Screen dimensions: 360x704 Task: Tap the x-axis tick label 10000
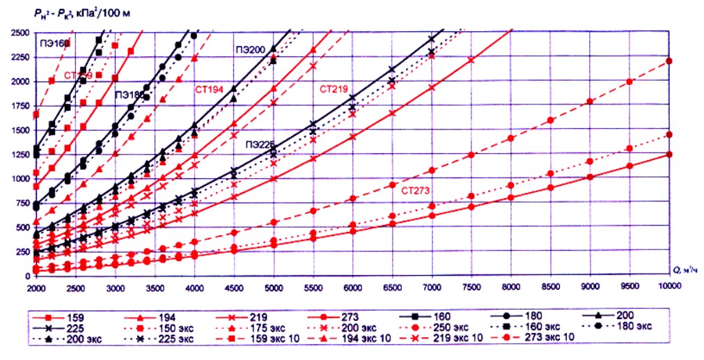tap(669, 286)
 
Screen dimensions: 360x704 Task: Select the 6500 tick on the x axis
tap(392, 286)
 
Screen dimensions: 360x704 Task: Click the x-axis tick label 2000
tap(36, 286)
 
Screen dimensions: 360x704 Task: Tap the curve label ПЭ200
tap(249, 50)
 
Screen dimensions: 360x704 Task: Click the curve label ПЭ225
tap(259, 146)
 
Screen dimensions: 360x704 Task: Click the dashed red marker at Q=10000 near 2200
tap(669, 61)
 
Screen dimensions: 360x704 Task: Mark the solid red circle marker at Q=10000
tap(669, 155)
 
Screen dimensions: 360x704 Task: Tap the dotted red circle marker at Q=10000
tap(669, 134)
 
